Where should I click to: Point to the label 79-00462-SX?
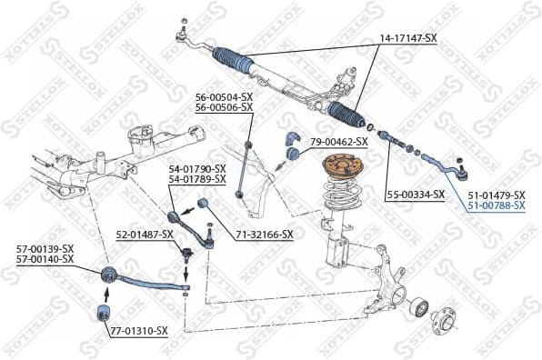coord(338,142)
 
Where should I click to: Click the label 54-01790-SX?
coord(196,169)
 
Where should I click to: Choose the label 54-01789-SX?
coord(196,180)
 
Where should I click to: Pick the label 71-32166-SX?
coord(265,235)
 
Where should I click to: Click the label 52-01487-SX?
coord(144,235)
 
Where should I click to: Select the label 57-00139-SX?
coord(45,248)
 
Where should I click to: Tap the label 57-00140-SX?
coord(45,259)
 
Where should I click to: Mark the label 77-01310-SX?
coord(139,331)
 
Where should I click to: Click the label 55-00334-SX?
coord(415,195)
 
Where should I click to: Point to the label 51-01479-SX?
coord(497,195)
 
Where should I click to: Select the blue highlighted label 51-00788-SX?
coord(497,206)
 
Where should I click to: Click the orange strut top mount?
coord(344,169)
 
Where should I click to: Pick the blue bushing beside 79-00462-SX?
coord(293,153)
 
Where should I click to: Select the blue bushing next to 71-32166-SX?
coord(206,202)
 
